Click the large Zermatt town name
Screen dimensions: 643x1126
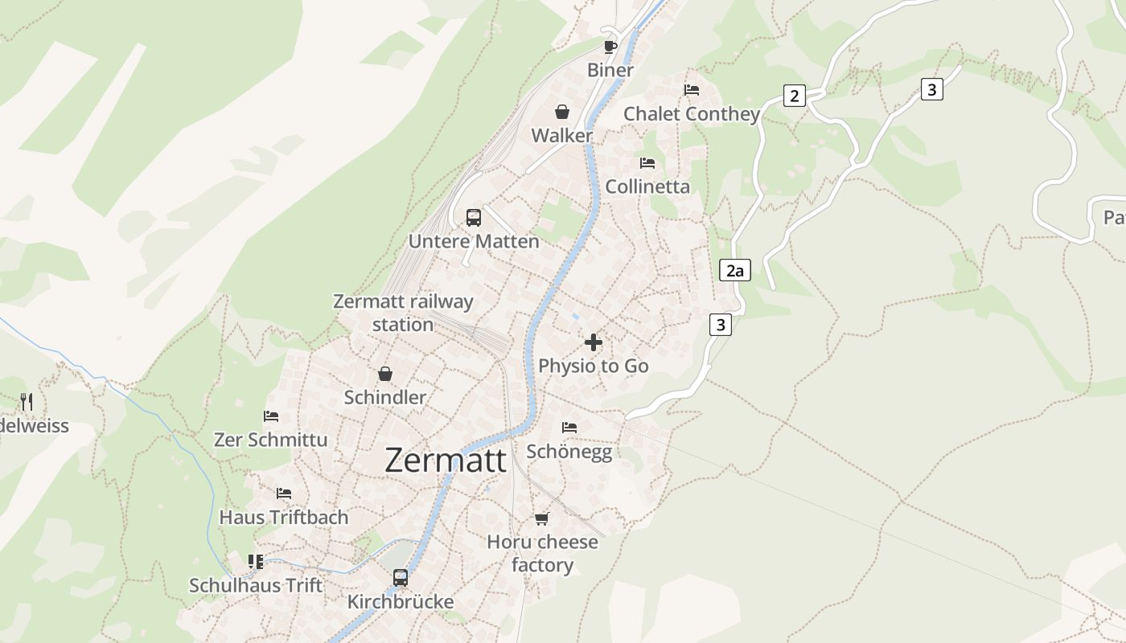click(446, 460)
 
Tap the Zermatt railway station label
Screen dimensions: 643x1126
click(403, 313)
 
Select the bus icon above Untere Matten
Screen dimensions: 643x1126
click(474, 217)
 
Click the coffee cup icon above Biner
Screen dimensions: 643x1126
click(610, 46)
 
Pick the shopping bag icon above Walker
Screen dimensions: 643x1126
click(562, 112)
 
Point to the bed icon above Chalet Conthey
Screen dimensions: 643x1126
click(692, 90)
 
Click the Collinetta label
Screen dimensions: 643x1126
click(647, 186)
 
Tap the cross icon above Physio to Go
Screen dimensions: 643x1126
click(594, 342)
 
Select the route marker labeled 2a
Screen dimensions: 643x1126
click(734, 270)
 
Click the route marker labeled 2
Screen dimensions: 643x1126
click(795, 96)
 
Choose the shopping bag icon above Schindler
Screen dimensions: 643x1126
click(385, 374)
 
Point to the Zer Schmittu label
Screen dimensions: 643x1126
click(270, 440)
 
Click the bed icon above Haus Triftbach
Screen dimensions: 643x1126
click(284, 494)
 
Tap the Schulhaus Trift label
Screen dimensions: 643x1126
click(256, 585)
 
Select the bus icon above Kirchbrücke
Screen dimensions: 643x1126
click(401, 577)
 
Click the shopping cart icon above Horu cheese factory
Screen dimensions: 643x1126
click(542, 518)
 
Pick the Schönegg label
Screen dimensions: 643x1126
click(569, 452)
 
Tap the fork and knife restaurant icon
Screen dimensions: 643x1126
click(27, 401)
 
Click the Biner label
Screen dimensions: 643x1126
click(610, 70)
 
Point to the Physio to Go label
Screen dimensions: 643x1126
click(594, 366)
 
